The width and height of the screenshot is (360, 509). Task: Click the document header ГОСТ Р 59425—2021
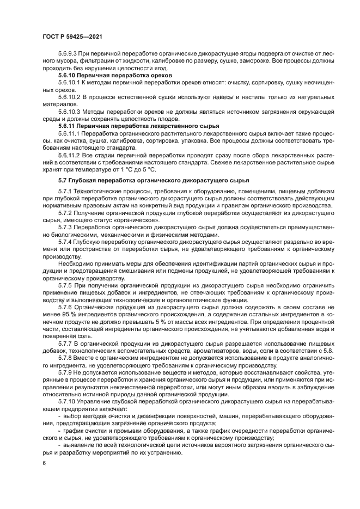(72, 36)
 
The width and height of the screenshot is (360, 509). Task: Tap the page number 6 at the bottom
(44, 463)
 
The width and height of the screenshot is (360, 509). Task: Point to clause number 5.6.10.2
(70, 96)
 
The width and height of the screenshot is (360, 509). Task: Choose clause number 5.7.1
(65, 192)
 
